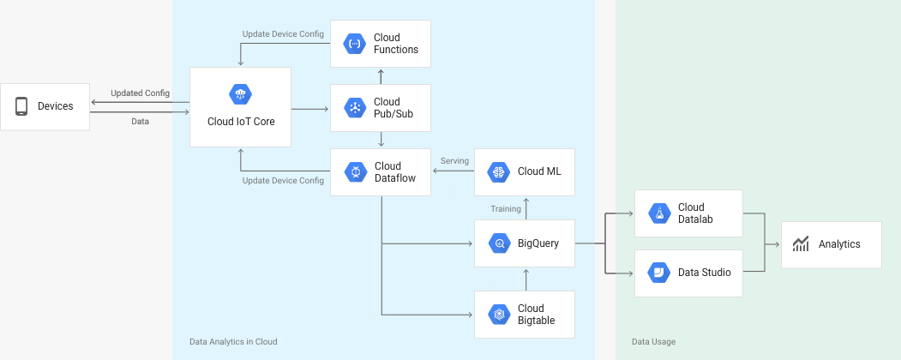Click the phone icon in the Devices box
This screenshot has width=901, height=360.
pos(21,106)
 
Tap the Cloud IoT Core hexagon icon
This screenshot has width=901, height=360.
pos(240,94)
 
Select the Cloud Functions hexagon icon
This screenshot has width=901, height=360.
pos(355,44)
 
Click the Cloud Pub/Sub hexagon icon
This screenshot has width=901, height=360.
pos(355,108)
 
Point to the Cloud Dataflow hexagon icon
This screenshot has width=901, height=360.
pos(356,172)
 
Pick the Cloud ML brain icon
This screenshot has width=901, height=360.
pos(499,172)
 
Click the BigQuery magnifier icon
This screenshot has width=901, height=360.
pos(499,243)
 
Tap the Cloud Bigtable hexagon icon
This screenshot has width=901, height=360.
pos(499,315)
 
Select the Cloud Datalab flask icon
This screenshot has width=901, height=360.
pos(659,213)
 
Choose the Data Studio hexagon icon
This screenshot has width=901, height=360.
pos(658,273)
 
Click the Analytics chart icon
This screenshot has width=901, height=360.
pos(801,244)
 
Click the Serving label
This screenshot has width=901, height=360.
pos(454,161)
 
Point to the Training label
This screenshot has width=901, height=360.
pos(506,209)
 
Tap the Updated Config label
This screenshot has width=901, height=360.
pos(141,93)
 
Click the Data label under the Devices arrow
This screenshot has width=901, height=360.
pos(141,122)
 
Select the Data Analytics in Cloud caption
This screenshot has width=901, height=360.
pos(233,342)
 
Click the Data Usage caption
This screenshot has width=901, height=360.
pos(654,342)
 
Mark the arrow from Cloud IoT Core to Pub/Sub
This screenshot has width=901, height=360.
pos(309,109)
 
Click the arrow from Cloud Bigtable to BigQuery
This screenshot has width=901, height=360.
pos(526,279)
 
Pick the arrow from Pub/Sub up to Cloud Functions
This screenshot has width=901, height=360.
pos(381,76)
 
